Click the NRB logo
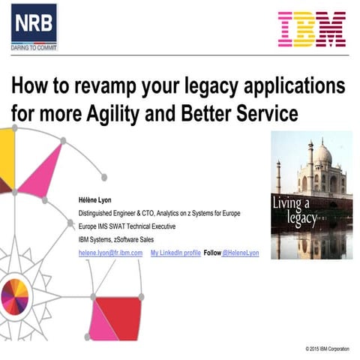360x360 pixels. point(34,22)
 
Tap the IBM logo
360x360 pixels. point(311,29)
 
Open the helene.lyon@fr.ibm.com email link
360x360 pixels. point(110,253)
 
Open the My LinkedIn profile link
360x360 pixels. point(175,253)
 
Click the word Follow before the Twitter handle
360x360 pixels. point(211,253)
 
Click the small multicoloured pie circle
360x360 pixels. point(14,293)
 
